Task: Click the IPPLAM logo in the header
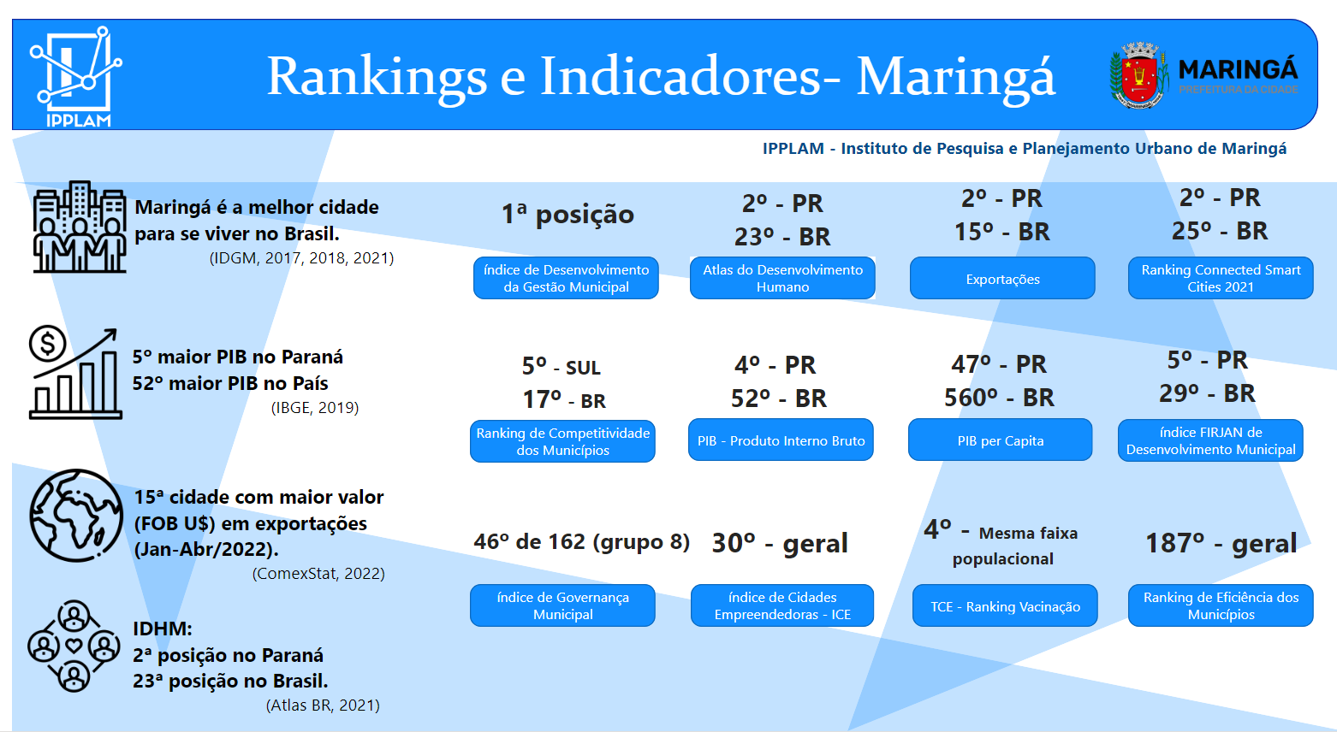click(x=76, y=76)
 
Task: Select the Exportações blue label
click(x=1002, y=279)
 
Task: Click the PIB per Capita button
click(x=1001, y=440)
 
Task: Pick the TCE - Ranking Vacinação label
click(x=1005, y=605)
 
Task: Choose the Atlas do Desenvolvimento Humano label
click(x=782, y=278)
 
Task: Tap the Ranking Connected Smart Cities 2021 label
click(x=1221, y=278)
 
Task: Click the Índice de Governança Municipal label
click(x=562, y=605)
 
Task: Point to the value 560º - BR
click(x=999, y=398)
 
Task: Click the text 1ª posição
click(x=567, y=214)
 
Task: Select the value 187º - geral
click(x=1221, y=543)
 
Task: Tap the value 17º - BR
click(x=564, y=399)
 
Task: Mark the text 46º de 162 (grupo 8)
click(x=581, y=542)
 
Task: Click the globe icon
click(x=76, y=516)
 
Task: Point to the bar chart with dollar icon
click(x=74, y=373)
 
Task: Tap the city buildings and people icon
click(x=80, y=227)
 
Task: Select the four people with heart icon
click(x=74, y=646)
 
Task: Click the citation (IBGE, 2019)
click(x=314, y=408)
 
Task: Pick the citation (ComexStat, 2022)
click(x=318, y=574)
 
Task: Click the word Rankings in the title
click(x=377, y=76)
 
